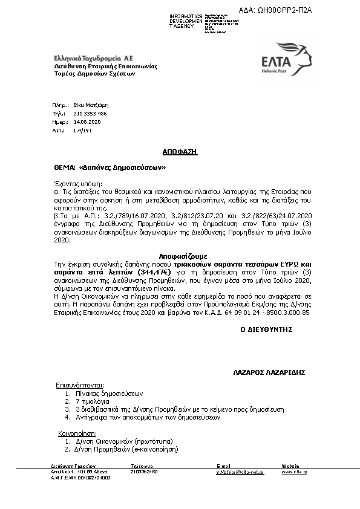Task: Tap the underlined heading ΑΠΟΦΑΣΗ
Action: coord(180,152)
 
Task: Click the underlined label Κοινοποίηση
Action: coord(76,433)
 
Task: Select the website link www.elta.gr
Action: coord(294,472)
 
